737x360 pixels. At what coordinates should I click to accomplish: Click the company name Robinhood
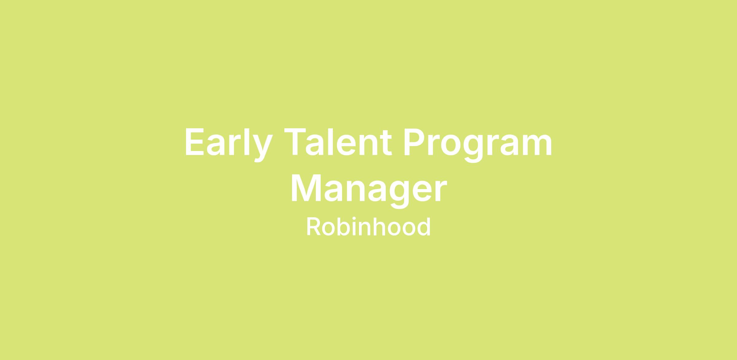[368, 227]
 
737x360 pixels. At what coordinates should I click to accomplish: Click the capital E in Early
[194, 142]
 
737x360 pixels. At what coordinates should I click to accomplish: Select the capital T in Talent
[295, 142]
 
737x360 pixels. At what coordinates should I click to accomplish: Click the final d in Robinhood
[424, 227]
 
